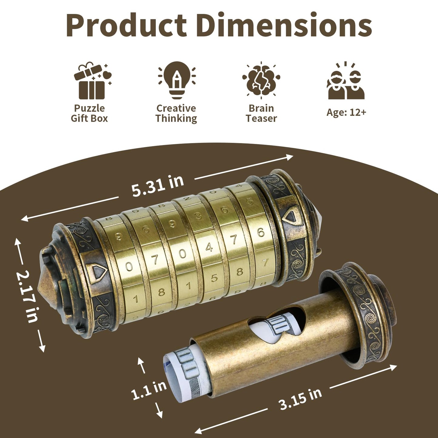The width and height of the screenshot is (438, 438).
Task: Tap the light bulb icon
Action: point(177,80)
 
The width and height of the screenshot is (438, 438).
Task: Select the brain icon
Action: point(261,80)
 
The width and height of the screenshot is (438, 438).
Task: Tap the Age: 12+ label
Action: point(346,112)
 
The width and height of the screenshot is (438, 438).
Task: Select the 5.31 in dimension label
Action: point(158,186)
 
